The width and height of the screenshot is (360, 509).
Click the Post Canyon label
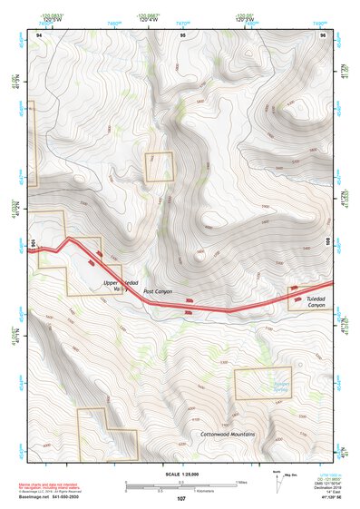click(x=157, y=291)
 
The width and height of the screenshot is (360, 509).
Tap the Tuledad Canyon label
click(x=315, y=301)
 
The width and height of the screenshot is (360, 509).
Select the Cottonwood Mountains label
click(x=227, y=435)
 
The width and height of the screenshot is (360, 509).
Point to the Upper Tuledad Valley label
click(x=120, y=287)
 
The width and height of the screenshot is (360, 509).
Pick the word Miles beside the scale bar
click(x=242, y=481)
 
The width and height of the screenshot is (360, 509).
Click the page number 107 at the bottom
click(x=180, y=499)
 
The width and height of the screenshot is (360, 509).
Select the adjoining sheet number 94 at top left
click(x=38, y=34)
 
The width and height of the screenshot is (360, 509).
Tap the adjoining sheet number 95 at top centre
click(x=182, y=34)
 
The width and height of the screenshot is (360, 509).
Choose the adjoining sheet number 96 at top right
click(x=323, y=34)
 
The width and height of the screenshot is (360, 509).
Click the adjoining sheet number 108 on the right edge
click(x=328, y=242)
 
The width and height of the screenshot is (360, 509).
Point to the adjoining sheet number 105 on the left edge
click(x=33, y=243)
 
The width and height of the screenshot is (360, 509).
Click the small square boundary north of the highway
click(x=160, y=167)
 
